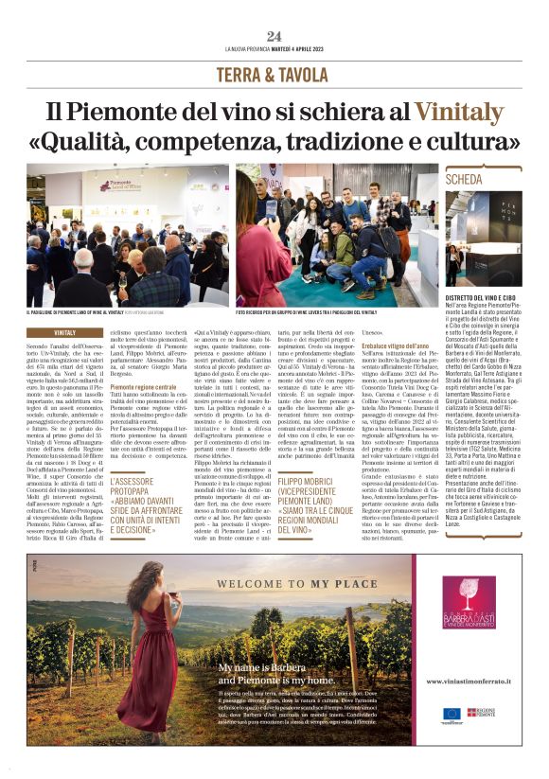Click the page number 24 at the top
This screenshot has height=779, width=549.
click(274, 36)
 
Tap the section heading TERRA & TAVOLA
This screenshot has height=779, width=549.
click(274, 75)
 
